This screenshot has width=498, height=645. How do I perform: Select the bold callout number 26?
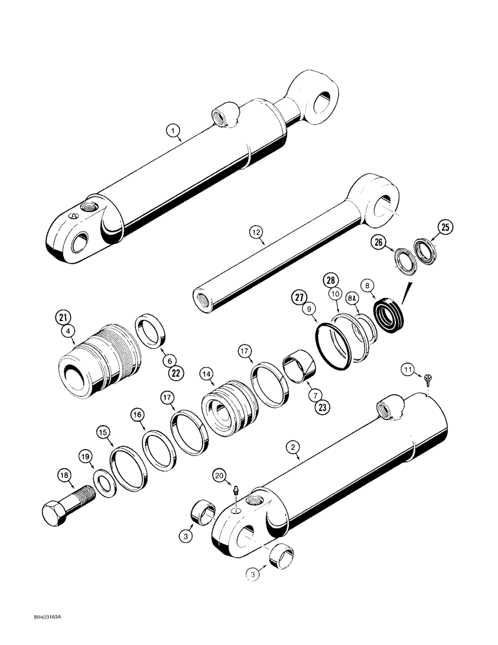pyautogui.click(x=378, y=243)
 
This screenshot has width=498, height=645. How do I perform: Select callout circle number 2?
pyautogui.click(x=293, y=445)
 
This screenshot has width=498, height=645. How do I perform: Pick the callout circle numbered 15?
pyautogui.click(x=103, y=432)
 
